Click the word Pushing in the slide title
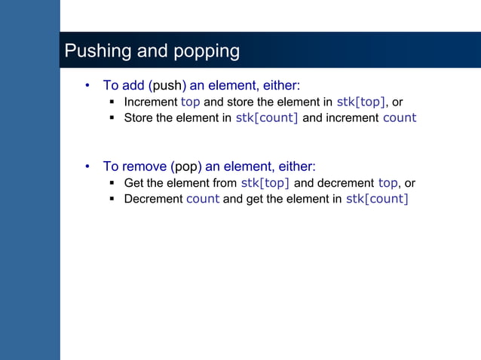click(93, 51)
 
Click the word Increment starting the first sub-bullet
click(151, 102)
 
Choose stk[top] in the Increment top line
click(361, 102)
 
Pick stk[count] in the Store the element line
click(267, 117)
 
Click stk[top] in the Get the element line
click(265, 183)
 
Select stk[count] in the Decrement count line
click(377, 199)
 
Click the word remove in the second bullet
click(145, 166)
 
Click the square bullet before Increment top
click(112, 102)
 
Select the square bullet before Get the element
click(112, 183)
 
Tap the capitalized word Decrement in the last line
click(153, 199)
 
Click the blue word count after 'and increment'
click(400, 117)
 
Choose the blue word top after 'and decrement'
click(388, 183)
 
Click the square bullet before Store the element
click(112, 117)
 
